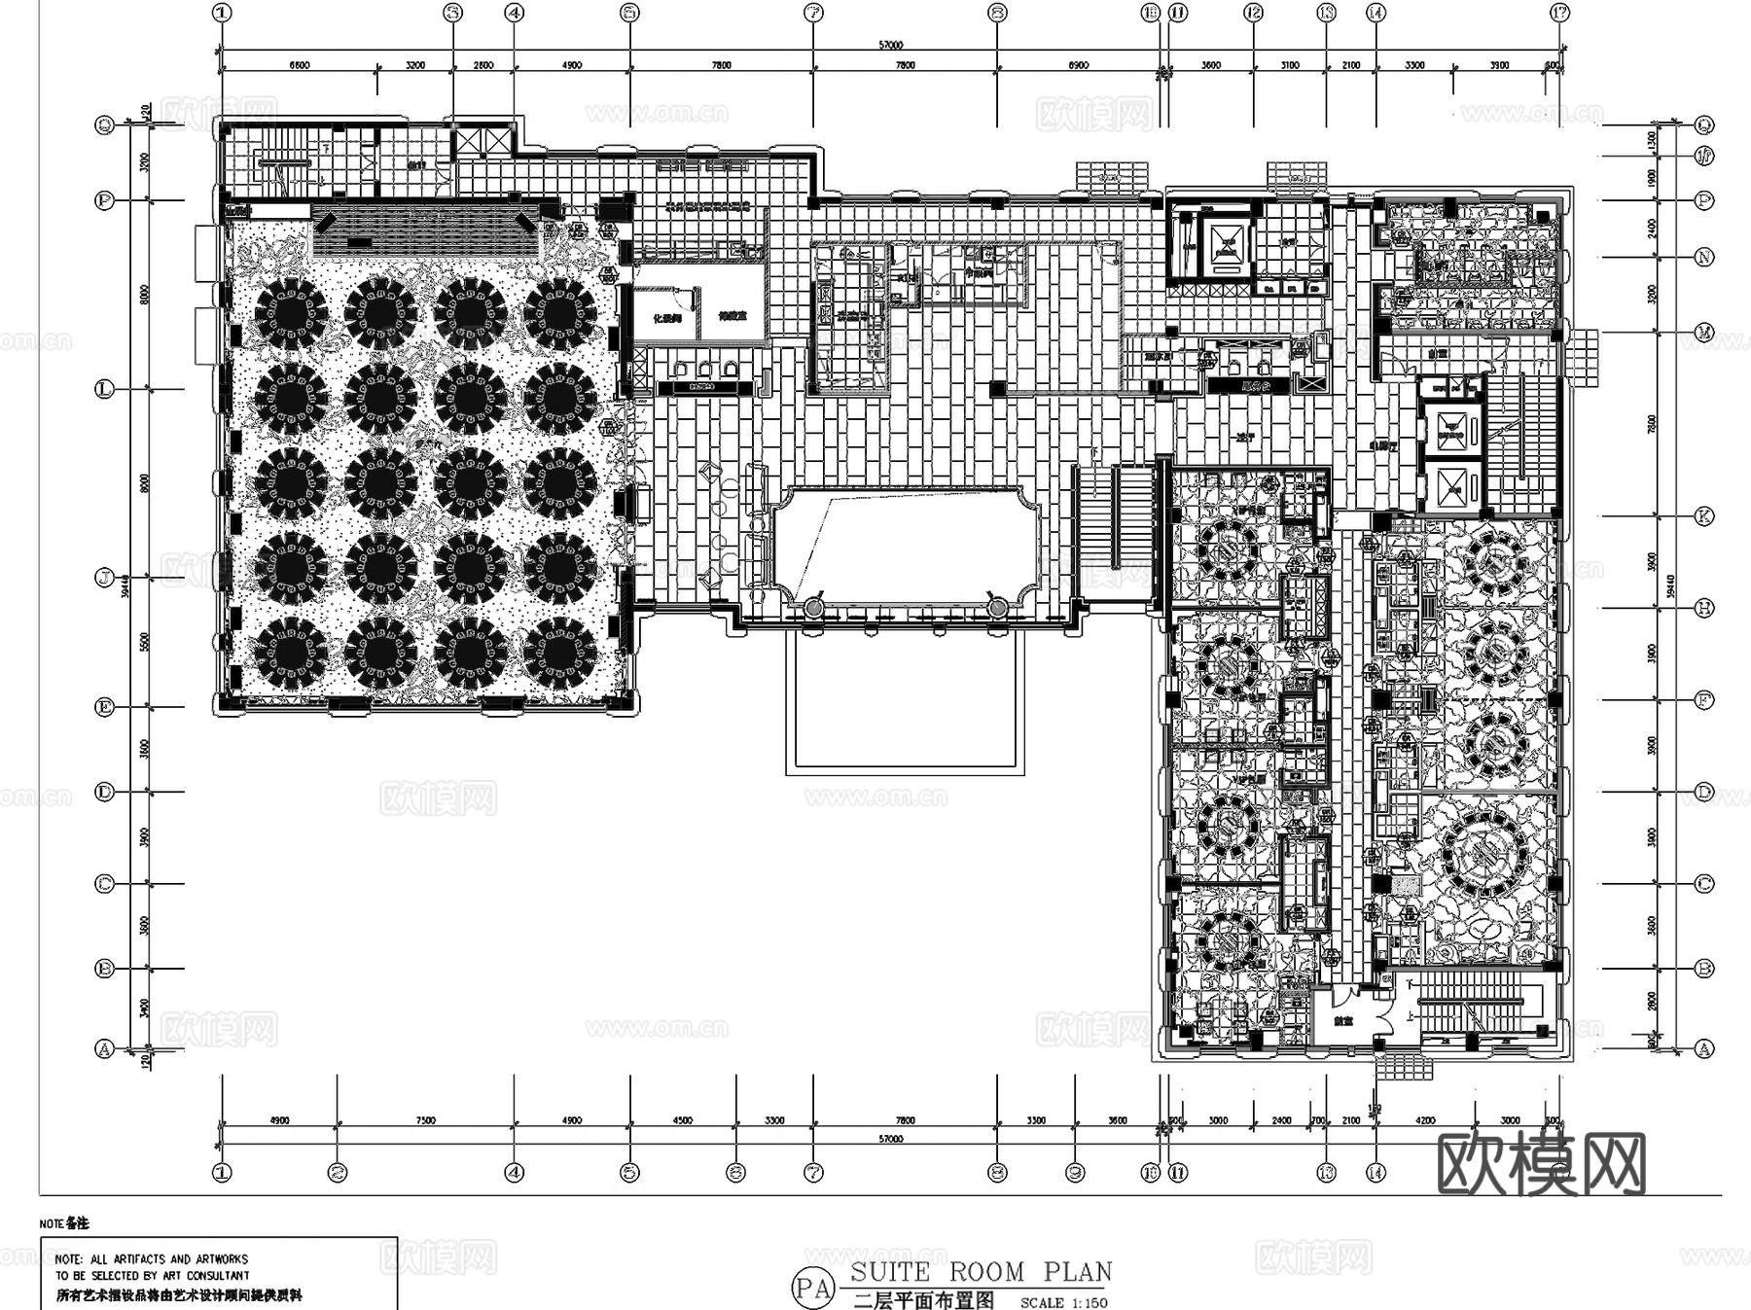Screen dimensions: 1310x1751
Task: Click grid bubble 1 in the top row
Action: click(223, 13)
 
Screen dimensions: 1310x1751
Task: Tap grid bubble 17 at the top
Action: click(1560, 13)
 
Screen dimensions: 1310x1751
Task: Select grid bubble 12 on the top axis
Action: click(1253, 13)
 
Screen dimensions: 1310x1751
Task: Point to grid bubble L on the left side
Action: click(105, 389)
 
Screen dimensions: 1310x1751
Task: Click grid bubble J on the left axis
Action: click(105, 578)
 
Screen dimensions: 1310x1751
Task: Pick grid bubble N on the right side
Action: click(1704, 257)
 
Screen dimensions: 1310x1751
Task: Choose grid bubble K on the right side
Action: click(1704, 516)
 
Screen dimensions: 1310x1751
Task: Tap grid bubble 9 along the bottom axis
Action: click(1075, 1173)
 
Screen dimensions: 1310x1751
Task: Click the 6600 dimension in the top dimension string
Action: click(300, 65)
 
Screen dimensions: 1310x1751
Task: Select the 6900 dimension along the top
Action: click(1078, 65)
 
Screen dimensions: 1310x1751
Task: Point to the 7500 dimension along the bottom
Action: click(425, 1120)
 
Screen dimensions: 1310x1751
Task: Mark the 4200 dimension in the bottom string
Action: click(1425, 1120)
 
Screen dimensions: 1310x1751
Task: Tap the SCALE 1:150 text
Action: click(1063, 1302)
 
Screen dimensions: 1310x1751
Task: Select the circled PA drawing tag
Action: click(813, 1288)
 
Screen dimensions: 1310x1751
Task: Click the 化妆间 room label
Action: click(666, 317)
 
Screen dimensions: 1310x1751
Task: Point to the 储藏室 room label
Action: click(732, 316)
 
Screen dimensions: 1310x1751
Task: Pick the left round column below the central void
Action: click(813, 608)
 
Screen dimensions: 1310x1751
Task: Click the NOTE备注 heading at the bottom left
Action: click(64, 1223)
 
